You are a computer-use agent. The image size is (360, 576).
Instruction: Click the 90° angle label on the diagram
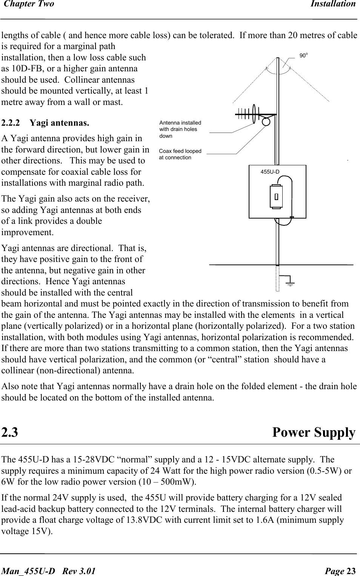pyautogui.click(x=303, y=55)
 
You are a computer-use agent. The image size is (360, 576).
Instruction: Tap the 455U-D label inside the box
pyautogui.click(x=270, y=172)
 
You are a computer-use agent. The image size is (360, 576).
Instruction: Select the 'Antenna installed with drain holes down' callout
pyautogui.click(x=180, y=129)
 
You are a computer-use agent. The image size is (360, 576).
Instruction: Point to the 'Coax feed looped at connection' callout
pyautogui.click(x=180, y=154)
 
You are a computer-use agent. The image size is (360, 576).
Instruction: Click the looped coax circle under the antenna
pyautogui.click(x=266, y=122)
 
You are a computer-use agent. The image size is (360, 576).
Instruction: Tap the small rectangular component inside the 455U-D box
pyautogui.click(x=276, y=196)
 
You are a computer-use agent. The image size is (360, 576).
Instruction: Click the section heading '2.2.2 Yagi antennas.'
pyautogui.click(x=45, y=123)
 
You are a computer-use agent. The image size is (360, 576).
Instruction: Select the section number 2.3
pyautogui.click(x=10, y=432)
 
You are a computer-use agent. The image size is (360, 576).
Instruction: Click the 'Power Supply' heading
pyautogui.click(x=314, y=432)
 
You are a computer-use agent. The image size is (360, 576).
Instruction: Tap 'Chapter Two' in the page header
pyautogui.click(x=28, y=4)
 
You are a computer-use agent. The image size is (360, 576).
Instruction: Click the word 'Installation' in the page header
pyautogui.click(x=333, y=4)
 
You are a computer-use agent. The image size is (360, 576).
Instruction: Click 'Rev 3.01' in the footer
pyautogui.click(x=79, y=571)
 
